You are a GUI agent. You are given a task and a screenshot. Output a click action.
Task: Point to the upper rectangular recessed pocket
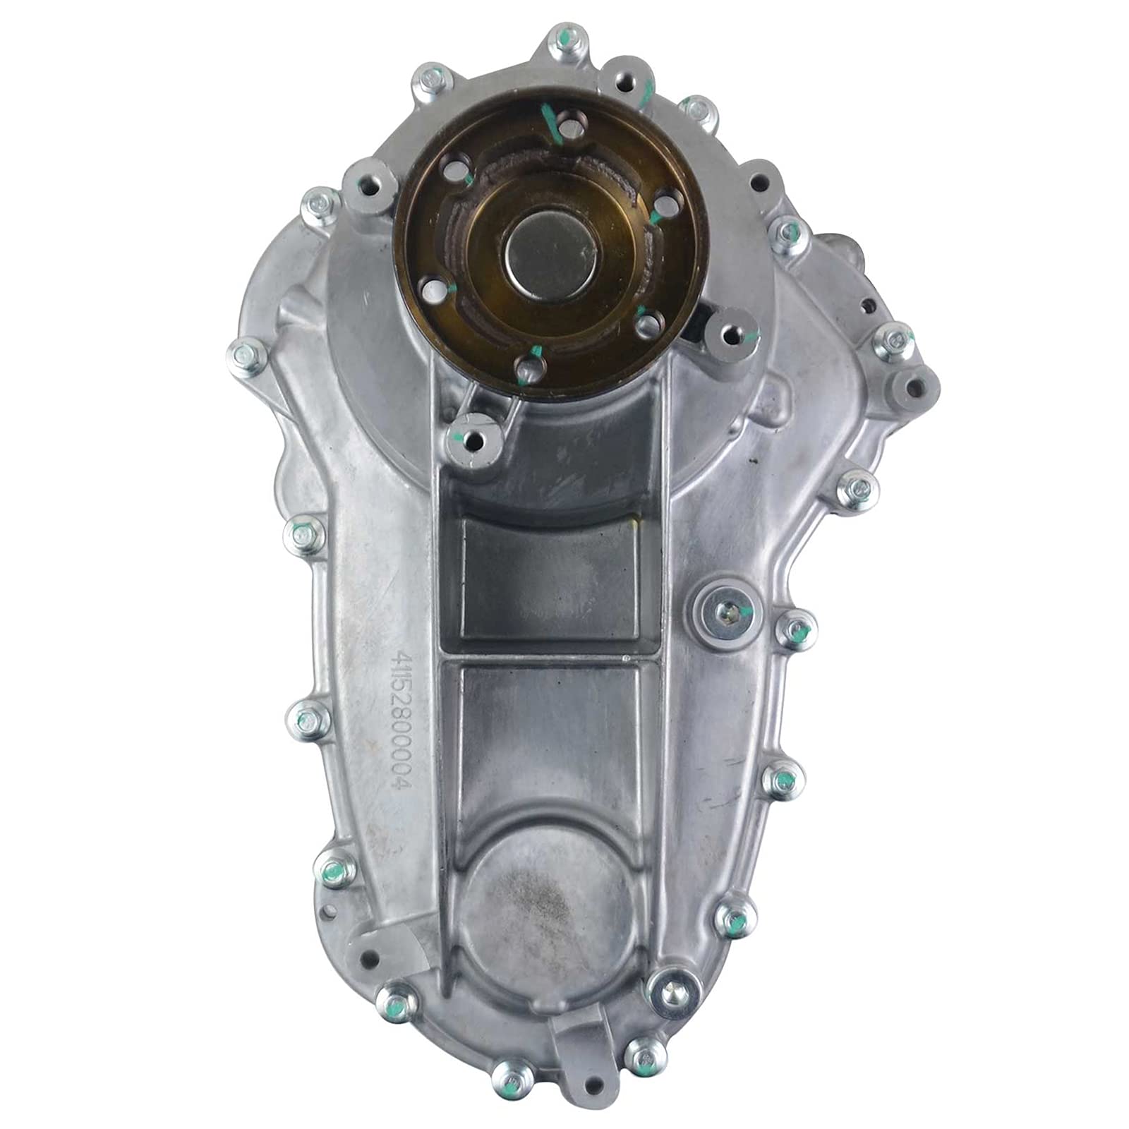551,574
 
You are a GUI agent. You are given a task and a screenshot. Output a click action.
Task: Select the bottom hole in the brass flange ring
529,366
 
